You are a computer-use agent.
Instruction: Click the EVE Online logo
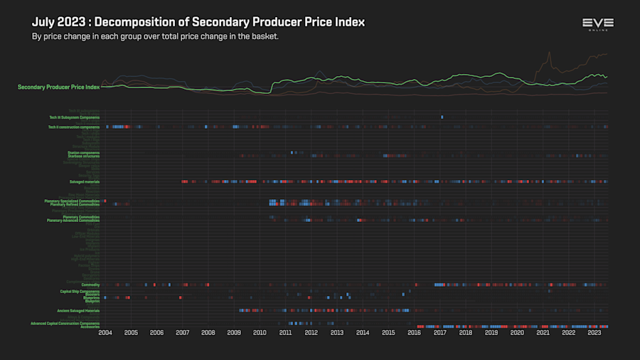coord(597,25)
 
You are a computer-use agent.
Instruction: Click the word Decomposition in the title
coord(135,22)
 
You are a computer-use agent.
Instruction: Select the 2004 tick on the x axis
coord(105,332)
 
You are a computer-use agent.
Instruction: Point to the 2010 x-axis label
coord(260,332)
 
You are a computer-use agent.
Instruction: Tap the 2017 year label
coord(439,332)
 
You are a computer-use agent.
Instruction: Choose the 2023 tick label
coord(594,332)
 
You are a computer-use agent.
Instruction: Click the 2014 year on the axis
coord(363,332)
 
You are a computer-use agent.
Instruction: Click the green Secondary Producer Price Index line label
coord(58,87)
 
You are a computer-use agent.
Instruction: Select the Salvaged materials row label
coord(84,181)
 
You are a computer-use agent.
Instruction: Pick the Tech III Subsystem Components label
coord(74,117)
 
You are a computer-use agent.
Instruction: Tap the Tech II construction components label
coord(73,127)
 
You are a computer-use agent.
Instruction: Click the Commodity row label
coord(90,285)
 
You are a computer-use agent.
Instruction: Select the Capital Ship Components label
coord(80,291)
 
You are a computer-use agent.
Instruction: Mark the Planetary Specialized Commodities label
coord(72,201)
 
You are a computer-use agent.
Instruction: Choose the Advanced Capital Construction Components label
coord(65,323)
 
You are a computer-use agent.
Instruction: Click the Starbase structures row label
coord(83,155)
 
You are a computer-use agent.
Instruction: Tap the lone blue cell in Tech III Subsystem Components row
coord(442,117)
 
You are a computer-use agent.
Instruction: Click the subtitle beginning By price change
coord(155,36)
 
